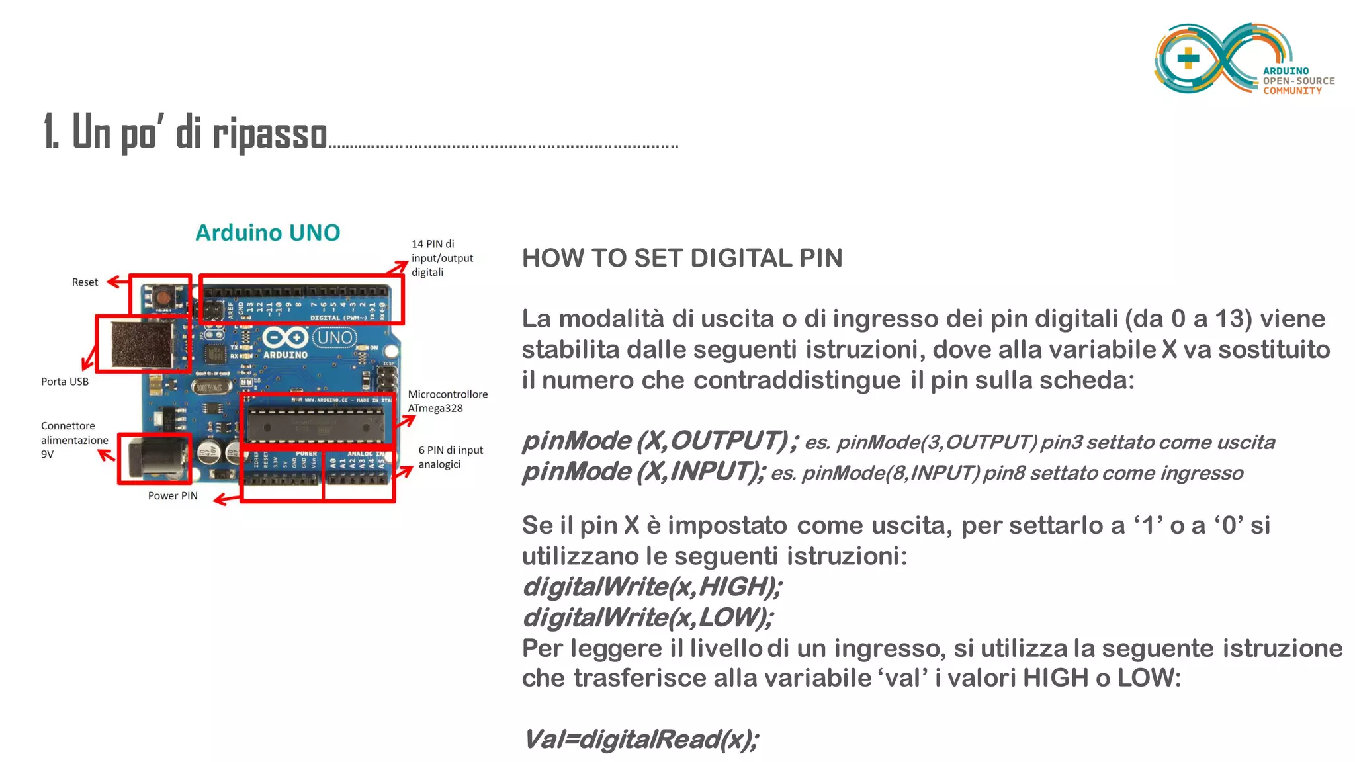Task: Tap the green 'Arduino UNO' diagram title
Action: pyautogui.click(x=267, y=233)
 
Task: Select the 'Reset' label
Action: pyautogui.click(x=85, y=282)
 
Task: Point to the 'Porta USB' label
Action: pyautogui.click(x=65, y=382)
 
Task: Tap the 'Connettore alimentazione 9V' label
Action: pyautogui.click(x=74, y=440)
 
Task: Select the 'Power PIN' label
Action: pyautogui.click(x=173, y=496)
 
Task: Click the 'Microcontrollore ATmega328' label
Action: pyautogui.click(x=447, y=402)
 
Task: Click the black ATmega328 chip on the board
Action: pyautogui.click(x=315, y=424)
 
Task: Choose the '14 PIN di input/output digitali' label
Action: pyautogui.click(x=441, y=258)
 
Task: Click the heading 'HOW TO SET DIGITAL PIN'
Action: pyautogui.click(x=681, y=258)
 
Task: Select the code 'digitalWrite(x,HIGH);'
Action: pyautogui.click(x=652, y=587)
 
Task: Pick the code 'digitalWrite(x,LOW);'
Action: pyautogui.click(x=647, y=618)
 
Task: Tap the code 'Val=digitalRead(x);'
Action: pyautogui.click(x=640, y=740)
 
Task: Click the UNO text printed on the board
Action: pyautogui.click(x=335, y=337)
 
